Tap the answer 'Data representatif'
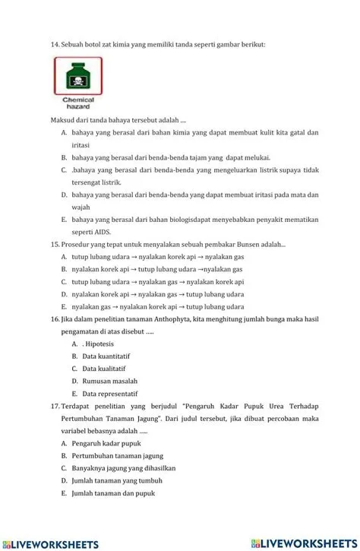(x=110, y=394)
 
